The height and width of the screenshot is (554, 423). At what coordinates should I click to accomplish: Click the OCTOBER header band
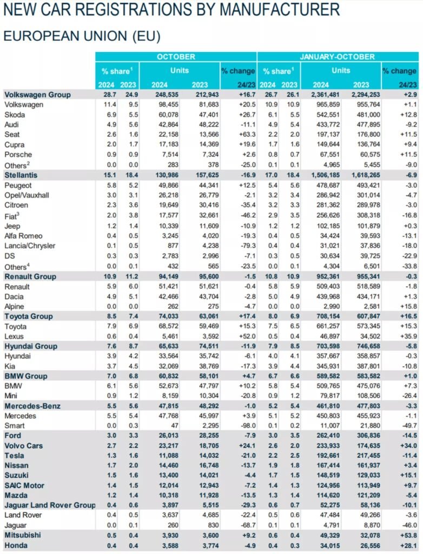click(176, 56)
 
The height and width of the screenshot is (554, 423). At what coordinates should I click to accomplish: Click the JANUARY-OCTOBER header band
click(338, 56)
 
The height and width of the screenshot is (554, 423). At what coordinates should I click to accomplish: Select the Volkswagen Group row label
click(37, 95)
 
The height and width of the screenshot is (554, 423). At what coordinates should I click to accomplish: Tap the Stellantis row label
click(21, 175)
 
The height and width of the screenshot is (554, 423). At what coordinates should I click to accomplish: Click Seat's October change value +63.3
click(247, 135)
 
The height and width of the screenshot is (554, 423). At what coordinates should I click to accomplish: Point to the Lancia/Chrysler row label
click(30, 246)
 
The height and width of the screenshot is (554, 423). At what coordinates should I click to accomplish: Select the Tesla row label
click(15, 456)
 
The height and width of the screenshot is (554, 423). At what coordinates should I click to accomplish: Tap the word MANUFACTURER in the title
click(280, 9)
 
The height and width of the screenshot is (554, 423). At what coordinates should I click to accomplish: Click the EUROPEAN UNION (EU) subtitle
click(82, 36)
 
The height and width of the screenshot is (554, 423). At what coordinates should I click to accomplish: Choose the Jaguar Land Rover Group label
click(50, 505)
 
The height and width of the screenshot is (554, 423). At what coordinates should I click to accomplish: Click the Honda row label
click(16, 545)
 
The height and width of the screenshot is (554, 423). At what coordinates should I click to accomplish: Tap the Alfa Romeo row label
click(23, 236)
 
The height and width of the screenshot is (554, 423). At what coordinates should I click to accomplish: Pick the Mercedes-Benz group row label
click(32, 406)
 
